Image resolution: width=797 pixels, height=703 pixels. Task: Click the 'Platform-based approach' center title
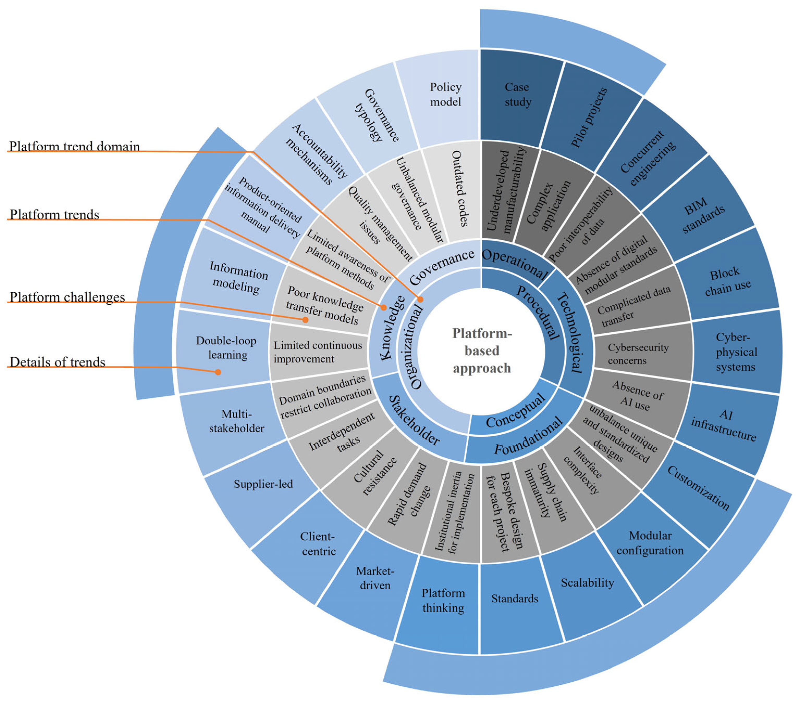(482, 351)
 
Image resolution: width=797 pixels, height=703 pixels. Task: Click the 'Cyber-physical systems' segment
(736, 352)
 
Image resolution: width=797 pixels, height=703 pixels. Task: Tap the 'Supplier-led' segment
(263, 484)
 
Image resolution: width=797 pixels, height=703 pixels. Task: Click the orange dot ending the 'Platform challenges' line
(306, 320)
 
